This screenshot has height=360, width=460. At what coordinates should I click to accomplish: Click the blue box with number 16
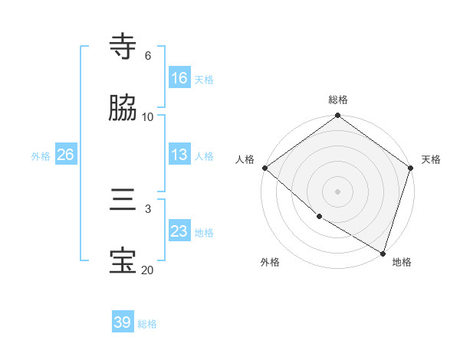[x=179, y=78]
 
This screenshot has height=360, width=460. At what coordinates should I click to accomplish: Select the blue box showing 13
[x=179, y=155]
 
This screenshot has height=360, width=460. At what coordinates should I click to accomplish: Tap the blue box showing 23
[x=179, y=231]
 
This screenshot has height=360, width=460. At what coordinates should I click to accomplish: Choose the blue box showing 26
[x=65, y=155]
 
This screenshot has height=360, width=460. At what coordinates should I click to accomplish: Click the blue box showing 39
[x=123, y=322]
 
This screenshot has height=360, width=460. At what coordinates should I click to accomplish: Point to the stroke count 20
[x=147, y=270]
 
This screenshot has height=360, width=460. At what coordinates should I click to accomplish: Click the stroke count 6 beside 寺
[x=148, y=56]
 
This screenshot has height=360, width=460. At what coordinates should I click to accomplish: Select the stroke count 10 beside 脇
[x=148, y=116]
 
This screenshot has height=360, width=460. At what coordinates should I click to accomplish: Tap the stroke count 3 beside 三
[x=148, y=208]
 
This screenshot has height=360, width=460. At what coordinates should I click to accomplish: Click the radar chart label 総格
[x=338, y=100]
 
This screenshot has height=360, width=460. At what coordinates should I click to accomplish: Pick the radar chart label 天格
[x=431, y=159]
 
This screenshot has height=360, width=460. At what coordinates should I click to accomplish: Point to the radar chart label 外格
[x=270, y=262]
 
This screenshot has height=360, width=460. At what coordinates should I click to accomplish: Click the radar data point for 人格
[x=264, y=168]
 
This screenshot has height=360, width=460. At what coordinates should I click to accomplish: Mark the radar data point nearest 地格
[x=383, y=253]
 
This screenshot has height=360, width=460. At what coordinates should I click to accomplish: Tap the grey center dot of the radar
[x=338, y=191]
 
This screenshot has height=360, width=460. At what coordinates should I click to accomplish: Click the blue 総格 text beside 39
[x=147, y=324]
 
